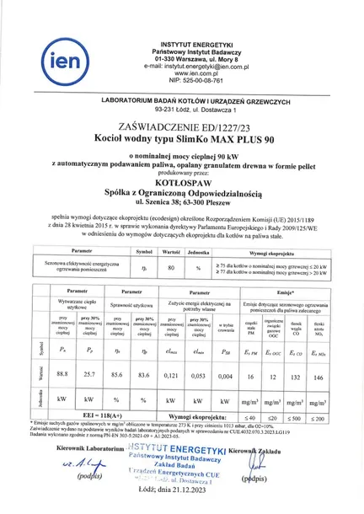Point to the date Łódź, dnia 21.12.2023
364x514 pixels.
pyautogui.click(x=182, y=489)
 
